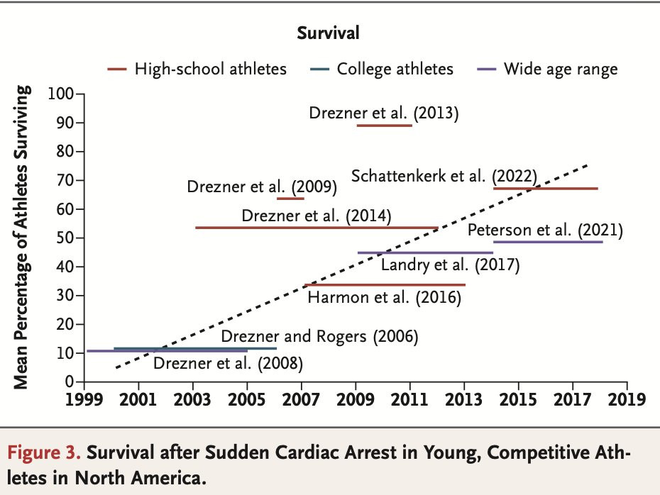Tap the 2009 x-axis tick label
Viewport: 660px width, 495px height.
click(356, 399)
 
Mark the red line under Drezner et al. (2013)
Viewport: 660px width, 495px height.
click(384, 125)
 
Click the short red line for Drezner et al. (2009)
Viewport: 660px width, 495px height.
click(290, 199)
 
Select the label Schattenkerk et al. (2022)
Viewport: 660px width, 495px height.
click(444, 175)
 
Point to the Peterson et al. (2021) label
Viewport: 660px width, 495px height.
click(545, 230)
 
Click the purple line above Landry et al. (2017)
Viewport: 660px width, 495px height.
click(425, 252)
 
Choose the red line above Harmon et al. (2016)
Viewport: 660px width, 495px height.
click(384, 284)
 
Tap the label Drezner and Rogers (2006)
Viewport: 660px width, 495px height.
click(319, 336)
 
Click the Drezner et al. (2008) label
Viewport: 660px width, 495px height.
click(228, 365)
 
